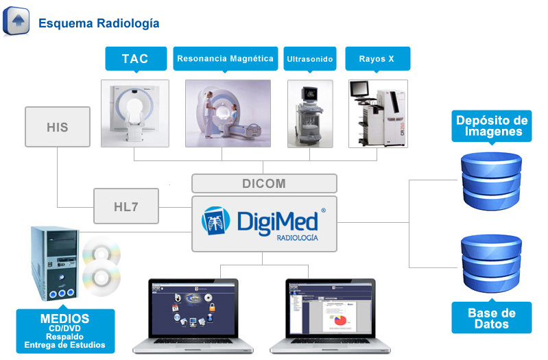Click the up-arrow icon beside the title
click(x=18, y=21)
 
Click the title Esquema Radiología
click(x=99, y=23)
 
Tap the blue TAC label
click(x=135, y=58)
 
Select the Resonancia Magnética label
click(x=226, y=58)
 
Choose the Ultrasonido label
click(x=309, y=59)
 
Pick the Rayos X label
click(x=377, y=59)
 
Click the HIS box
click(x=58, y=127)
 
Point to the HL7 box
click(x=126, y=206)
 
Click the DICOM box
click(x=264, y=184)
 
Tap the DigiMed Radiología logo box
click(x=264, y=223)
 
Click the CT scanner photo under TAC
click(x=135, y=113)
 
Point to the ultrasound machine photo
click(x=310, y=114)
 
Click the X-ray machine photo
click(x=378, y=114)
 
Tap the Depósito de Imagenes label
click(x=492, y=126)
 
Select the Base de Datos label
click(x=492, y=318)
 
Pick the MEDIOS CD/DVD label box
click(x=64, y=331)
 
